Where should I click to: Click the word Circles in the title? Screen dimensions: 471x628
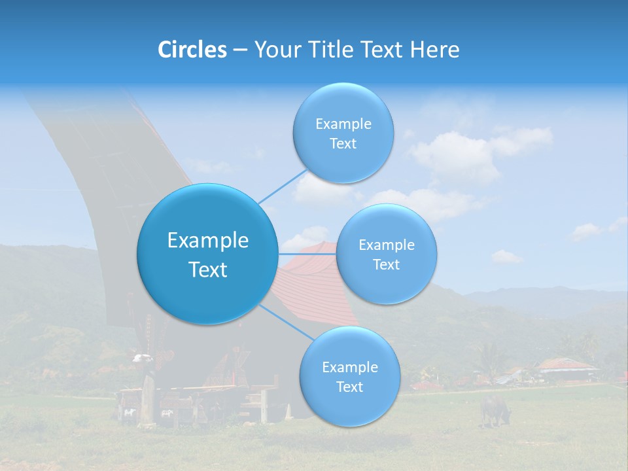[x=192, y=50]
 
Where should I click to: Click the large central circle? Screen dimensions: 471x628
[x=207, y=254]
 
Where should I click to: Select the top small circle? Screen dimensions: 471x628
[x=343, y=133]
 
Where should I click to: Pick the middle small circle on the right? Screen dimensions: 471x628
[x=386, y=254]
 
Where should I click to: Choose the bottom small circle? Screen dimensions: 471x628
[x=349, y=376]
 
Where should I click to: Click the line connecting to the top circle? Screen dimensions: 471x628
[x=283, y=186]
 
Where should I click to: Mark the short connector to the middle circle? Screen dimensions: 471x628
[x=307, y=253]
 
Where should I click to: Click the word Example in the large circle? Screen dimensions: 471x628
[x=207, y=241]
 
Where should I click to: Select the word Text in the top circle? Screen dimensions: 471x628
[x=343, y=144]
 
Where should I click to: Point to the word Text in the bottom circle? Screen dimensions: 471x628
[x=349, y=387]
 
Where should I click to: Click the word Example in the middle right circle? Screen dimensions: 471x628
[x=386, y=245]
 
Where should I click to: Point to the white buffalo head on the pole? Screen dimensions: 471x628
[x=142, y=358]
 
